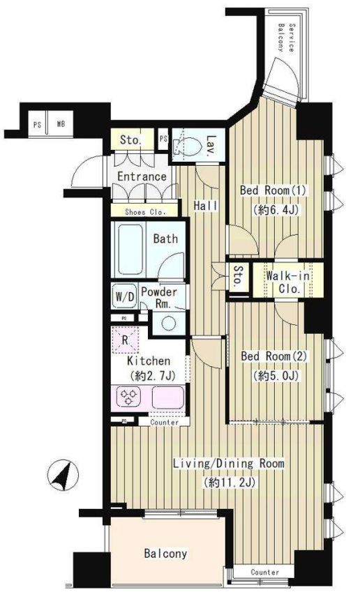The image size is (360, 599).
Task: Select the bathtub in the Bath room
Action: (130, 250)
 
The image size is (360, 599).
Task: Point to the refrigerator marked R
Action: (125, 340)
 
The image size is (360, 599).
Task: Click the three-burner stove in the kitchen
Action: (128, 397)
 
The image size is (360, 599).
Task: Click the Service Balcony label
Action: (286, 38)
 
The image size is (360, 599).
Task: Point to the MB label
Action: (61, 124)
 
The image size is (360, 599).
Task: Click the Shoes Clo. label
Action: (145, 212)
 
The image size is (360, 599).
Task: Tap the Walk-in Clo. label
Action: (288, 282)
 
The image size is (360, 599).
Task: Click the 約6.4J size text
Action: (275, 210)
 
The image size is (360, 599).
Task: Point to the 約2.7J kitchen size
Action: (153, 376)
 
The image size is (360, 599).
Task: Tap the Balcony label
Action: (165, 553)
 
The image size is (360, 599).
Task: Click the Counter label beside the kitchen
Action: (165, 422)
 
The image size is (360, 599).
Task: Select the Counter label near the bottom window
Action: (265, 573)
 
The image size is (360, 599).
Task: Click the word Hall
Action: (206, 206)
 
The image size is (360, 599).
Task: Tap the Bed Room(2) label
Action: (274, 356)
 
